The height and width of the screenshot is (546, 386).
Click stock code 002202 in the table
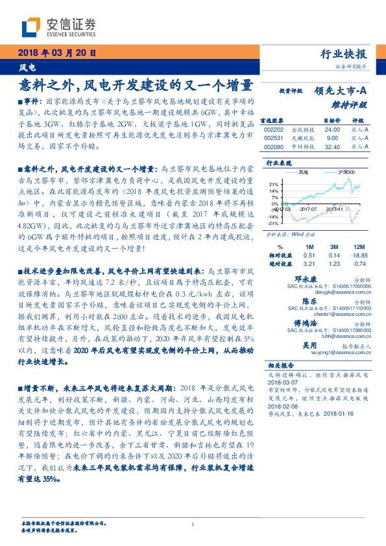[x=274, y=130]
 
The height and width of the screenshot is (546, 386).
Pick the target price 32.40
[x=332, y=147]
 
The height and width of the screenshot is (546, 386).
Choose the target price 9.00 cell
[x=332, y=138]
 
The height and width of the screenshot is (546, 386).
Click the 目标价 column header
[x=332, y=121]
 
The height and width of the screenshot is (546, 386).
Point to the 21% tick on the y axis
[x=274, y=184]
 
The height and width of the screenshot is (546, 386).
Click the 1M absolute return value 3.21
[x=308, y=264]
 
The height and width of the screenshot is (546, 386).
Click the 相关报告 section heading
[x=281, y=366]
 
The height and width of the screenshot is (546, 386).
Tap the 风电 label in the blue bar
[x=27, y=67]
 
